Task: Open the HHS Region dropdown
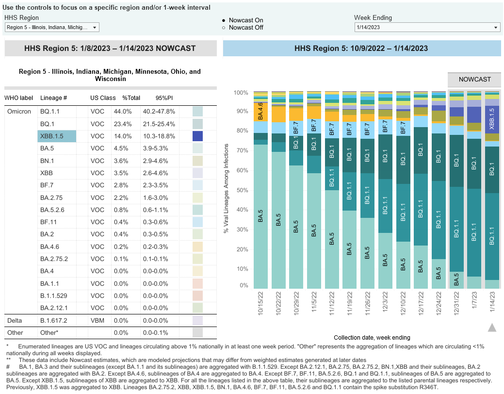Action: coord(52,28)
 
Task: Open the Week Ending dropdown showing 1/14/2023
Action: coord(427,28)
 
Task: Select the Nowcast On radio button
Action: coord(224,20)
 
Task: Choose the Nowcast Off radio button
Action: coord(224,28)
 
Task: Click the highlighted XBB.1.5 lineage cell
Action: coord(57,136)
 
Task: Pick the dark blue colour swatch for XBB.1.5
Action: coord(197,136)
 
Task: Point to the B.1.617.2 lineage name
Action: coord(54,320)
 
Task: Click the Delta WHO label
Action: coord(15,320)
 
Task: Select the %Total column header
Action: coord(131,98)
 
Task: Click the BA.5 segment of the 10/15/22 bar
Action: coord(260,218)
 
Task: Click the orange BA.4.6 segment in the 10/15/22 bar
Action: coord(260,111)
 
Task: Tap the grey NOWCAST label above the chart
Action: coord(474,79)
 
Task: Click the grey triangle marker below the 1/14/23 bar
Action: coord(492,328)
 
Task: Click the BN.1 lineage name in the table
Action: coord(47,161)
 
